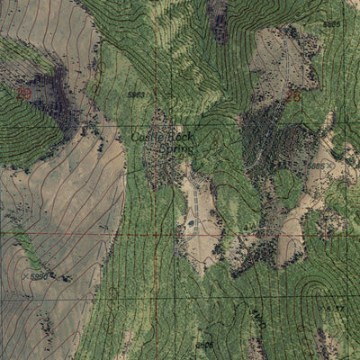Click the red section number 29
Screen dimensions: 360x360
pyautogui.click(x=23, y=94)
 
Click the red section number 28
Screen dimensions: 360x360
pyautogui.click(x=292, y=93)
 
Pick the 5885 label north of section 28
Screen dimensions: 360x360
pyautogui.click(x=331, y=23)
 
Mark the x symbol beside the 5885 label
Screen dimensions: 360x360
pyautogui.click(x=329, y=168)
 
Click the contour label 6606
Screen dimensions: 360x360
pyautogui.click(x=205, y=344)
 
